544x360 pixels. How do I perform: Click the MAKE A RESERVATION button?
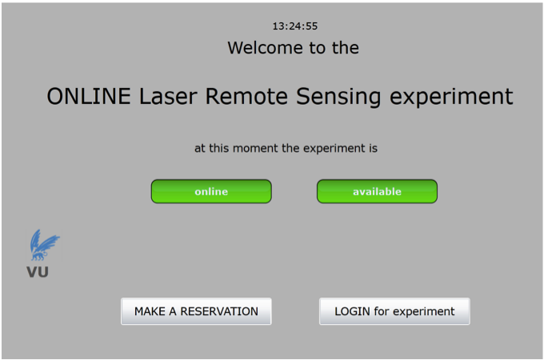196,311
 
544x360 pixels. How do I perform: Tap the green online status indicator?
211,191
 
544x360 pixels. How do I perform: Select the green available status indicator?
377,191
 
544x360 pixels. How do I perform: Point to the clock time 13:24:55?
295,26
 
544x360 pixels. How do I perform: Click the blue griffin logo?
44,245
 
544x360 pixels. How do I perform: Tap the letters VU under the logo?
38,272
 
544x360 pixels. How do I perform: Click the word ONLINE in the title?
89,96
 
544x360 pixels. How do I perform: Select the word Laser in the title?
168,96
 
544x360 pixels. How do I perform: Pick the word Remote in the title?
246,96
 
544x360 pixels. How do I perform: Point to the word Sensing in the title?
338,97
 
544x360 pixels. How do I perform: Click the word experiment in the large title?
451,98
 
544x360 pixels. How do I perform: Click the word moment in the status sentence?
255,149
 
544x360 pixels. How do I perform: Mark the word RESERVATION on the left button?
219,311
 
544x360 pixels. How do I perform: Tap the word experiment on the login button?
424,312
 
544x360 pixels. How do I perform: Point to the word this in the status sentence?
219,148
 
